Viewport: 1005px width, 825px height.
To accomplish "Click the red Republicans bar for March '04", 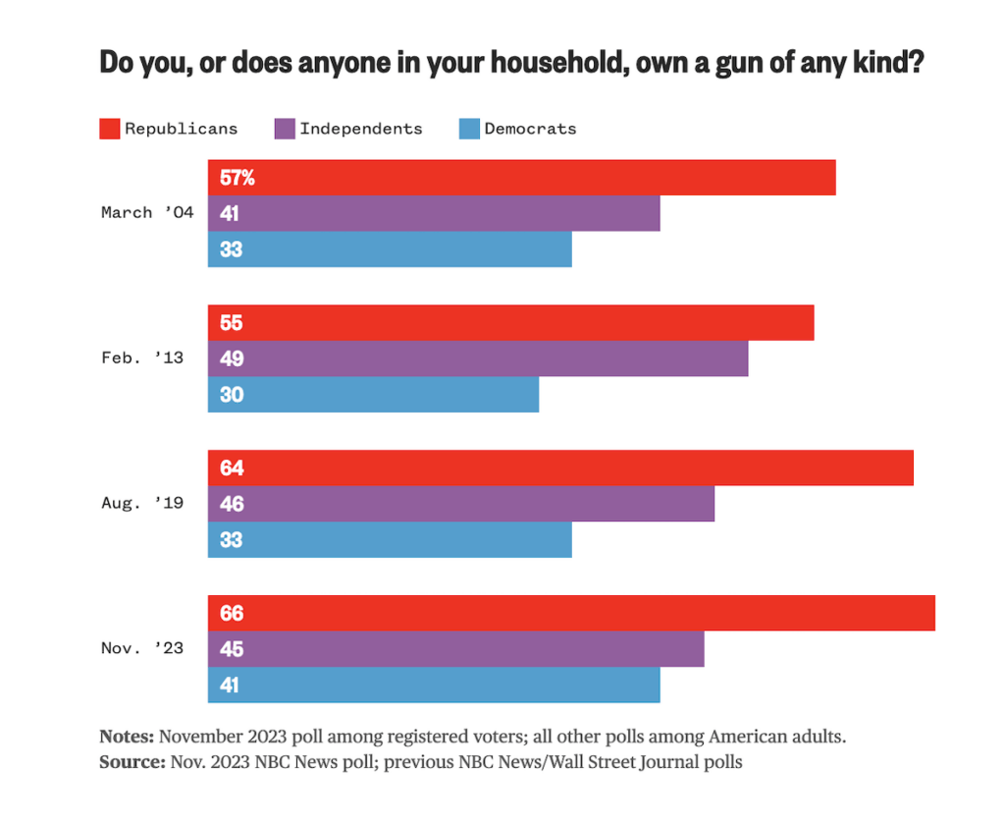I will pyautogui.click(x=521, y=178).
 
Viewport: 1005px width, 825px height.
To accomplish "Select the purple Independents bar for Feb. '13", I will pyautogui.click(x=478, y=358).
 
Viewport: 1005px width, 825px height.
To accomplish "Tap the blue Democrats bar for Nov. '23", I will pyautogui.click(x=434, y=686).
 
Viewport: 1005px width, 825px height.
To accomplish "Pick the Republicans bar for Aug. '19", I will pyautogui.click(x=560, y=467).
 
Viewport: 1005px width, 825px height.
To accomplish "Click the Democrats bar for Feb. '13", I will pyautogui.click(x=373, y=395).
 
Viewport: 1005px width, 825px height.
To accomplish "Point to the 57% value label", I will pyautogui.click(x=238, y=178).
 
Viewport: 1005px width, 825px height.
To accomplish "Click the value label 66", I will pyautogui.click(x=232, y=614).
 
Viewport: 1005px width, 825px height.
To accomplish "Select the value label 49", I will pyautogui.click(x=232, y=358).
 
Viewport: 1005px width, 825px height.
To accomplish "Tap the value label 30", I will pyautogui.click(x=232, y=395).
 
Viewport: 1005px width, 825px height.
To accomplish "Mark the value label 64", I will pyautogui.click(x=232, y=468).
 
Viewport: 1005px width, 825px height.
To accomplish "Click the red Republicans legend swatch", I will pyautogui.click(x=109, y=129).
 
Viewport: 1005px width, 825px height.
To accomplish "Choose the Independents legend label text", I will pyautogui.click(x=360, y=129).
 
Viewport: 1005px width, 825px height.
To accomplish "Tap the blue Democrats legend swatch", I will pyautogui.click(x=468, y=129).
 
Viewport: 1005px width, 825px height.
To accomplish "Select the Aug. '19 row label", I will pyautogui.click(x=141, y=503).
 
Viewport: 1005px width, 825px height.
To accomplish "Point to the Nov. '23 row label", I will pyautogui.click(x=141, y=648).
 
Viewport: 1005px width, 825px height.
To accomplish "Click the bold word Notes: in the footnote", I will pyautogui.click(x=127, y=737).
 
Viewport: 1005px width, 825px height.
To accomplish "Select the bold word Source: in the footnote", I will pyautogui.click(x=132, y=761).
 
